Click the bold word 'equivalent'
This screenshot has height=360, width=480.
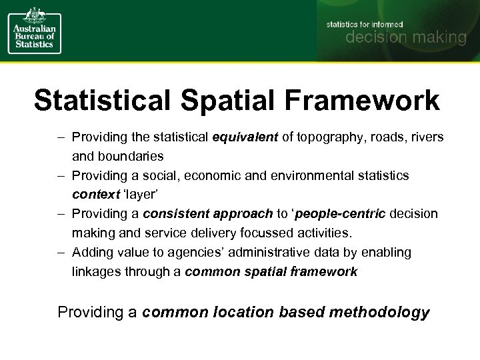245,137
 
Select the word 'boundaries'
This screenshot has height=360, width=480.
133,157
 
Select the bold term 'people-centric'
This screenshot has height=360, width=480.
340,214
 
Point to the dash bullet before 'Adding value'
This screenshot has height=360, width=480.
61,253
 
